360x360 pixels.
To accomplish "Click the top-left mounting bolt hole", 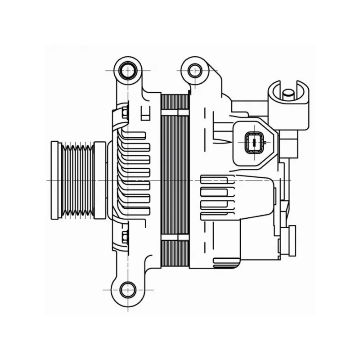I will pos(128,71).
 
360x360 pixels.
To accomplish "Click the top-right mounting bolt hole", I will pos(195,70).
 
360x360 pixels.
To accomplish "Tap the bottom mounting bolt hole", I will pos(128,289).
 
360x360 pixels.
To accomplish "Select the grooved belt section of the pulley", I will pos(77,180).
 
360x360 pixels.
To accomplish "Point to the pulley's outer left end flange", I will pos(54,180).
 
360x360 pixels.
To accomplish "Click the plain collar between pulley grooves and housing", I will pos(100,180).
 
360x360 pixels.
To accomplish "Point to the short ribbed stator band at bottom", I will pos(175,253).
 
